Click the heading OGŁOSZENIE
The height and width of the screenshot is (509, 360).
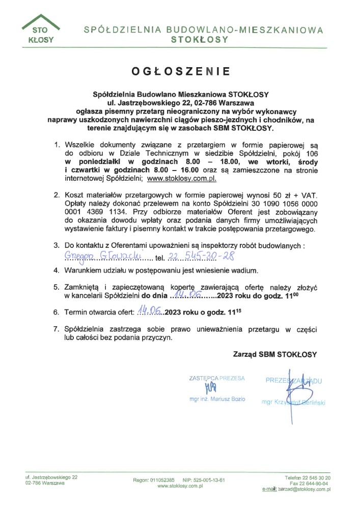tap(181, 71)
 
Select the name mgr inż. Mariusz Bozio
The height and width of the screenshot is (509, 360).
tap(217, 399)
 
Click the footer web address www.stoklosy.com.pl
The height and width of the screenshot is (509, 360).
tap(180, 486)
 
